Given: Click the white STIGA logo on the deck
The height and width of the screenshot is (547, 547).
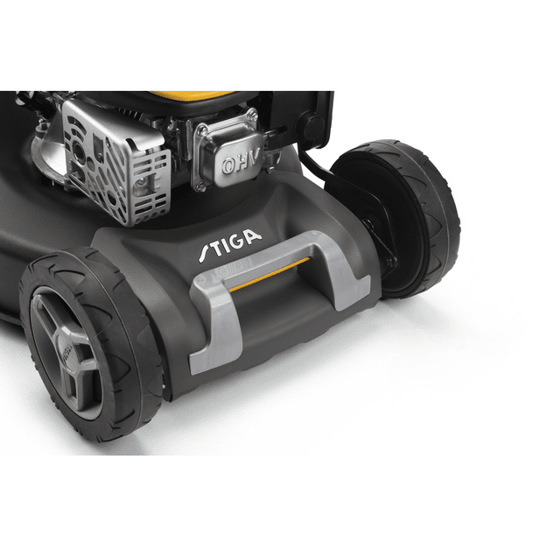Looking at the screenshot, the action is click(230, 244).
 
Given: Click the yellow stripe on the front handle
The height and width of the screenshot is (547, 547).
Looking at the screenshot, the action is click(269, 275).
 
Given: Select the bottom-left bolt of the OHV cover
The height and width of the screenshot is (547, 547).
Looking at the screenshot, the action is click(200, 186).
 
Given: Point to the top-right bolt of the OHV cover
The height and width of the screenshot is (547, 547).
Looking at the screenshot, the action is click(252, 114).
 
